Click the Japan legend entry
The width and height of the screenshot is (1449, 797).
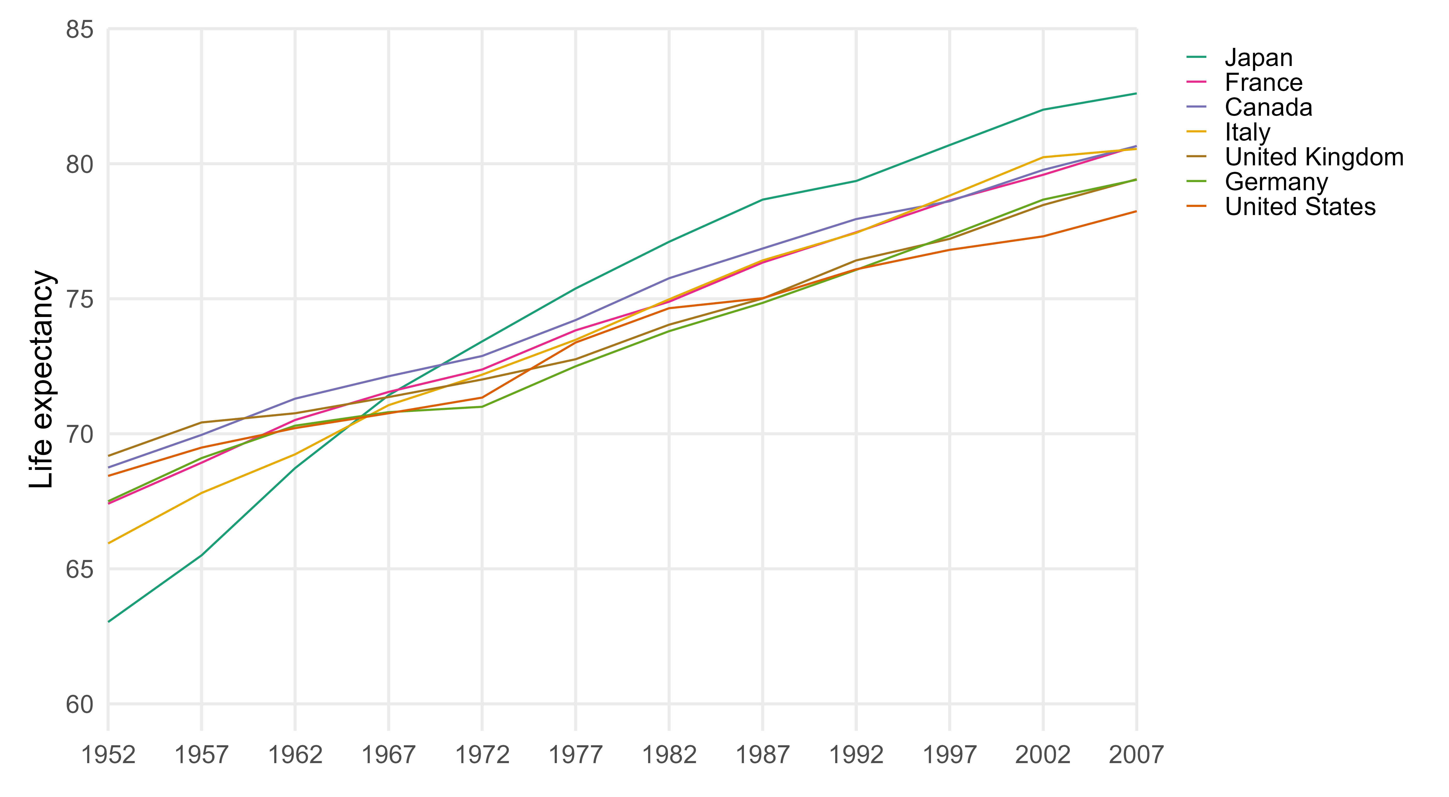tap(1258, 58)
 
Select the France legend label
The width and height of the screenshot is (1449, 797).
tap(1263, 83)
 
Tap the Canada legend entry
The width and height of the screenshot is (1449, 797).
tap(1268, 107)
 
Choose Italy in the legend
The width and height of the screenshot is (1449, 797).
tap(1247, 132)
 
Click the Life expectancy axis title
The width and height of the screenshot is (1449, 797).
tap(42, 380)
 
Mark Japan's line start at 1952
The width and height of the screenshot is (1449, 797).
tap(109, 622)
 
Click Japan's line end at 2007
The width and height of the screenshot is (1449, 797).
tap(1136, 93)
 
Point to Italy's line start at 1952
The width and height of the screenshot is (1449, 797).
tap(109, 543)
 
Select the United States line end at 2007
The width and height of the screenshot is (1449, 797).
tap(1136, 211)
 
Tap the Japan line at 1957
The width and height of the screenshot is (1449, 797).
tap(201, 556)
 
